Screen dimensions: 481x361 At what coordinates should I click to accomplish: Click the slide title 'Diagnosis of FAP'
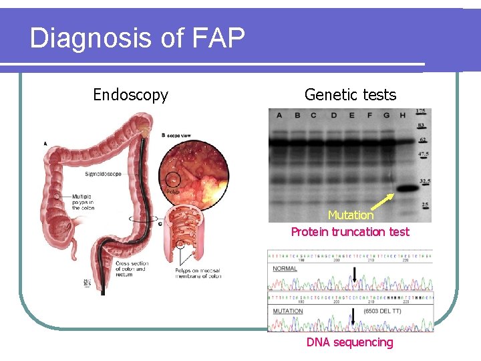[x=137, y=38]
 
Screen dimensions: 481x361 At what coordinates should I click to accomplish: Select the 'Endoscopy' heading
[x=130, y=95]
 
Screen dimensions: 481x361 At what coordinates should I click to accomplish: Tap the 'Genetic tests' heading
[x=350, y=95]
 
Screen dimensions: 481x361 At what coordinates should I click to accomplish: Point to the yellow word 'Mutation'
[x=350, y=215]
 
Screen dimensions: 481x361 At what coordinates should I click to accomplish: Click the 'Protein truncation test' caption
[x=350, y=232]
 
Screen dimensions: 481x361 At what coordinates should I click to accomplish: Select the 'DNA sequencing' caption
[x=350, y=342]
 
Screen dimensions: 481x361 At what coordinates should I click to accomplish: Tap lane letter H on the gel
[x=402, y=116]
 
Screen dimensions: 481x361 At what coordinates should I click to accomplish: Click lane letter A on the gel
[x=279, y=116]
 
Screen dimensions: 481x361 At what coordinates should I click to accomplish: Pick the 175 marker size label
[x=421, y=112]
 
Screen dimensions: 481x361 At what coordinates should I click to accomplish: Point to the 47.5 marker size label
[x=422, y=155]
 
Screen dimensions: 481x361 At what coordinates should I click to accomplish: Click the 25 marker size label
[x=424, y=205]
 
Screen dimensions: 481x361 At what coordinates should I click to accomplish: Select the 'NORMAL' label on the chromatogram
[x=285, y=268]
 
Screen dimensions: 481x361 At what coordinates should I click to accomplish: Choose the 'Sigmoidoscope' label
[x=103, y=174]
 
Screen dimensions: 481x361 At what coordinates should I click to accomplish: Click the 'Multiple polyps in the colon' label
[x=84, y=202]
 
